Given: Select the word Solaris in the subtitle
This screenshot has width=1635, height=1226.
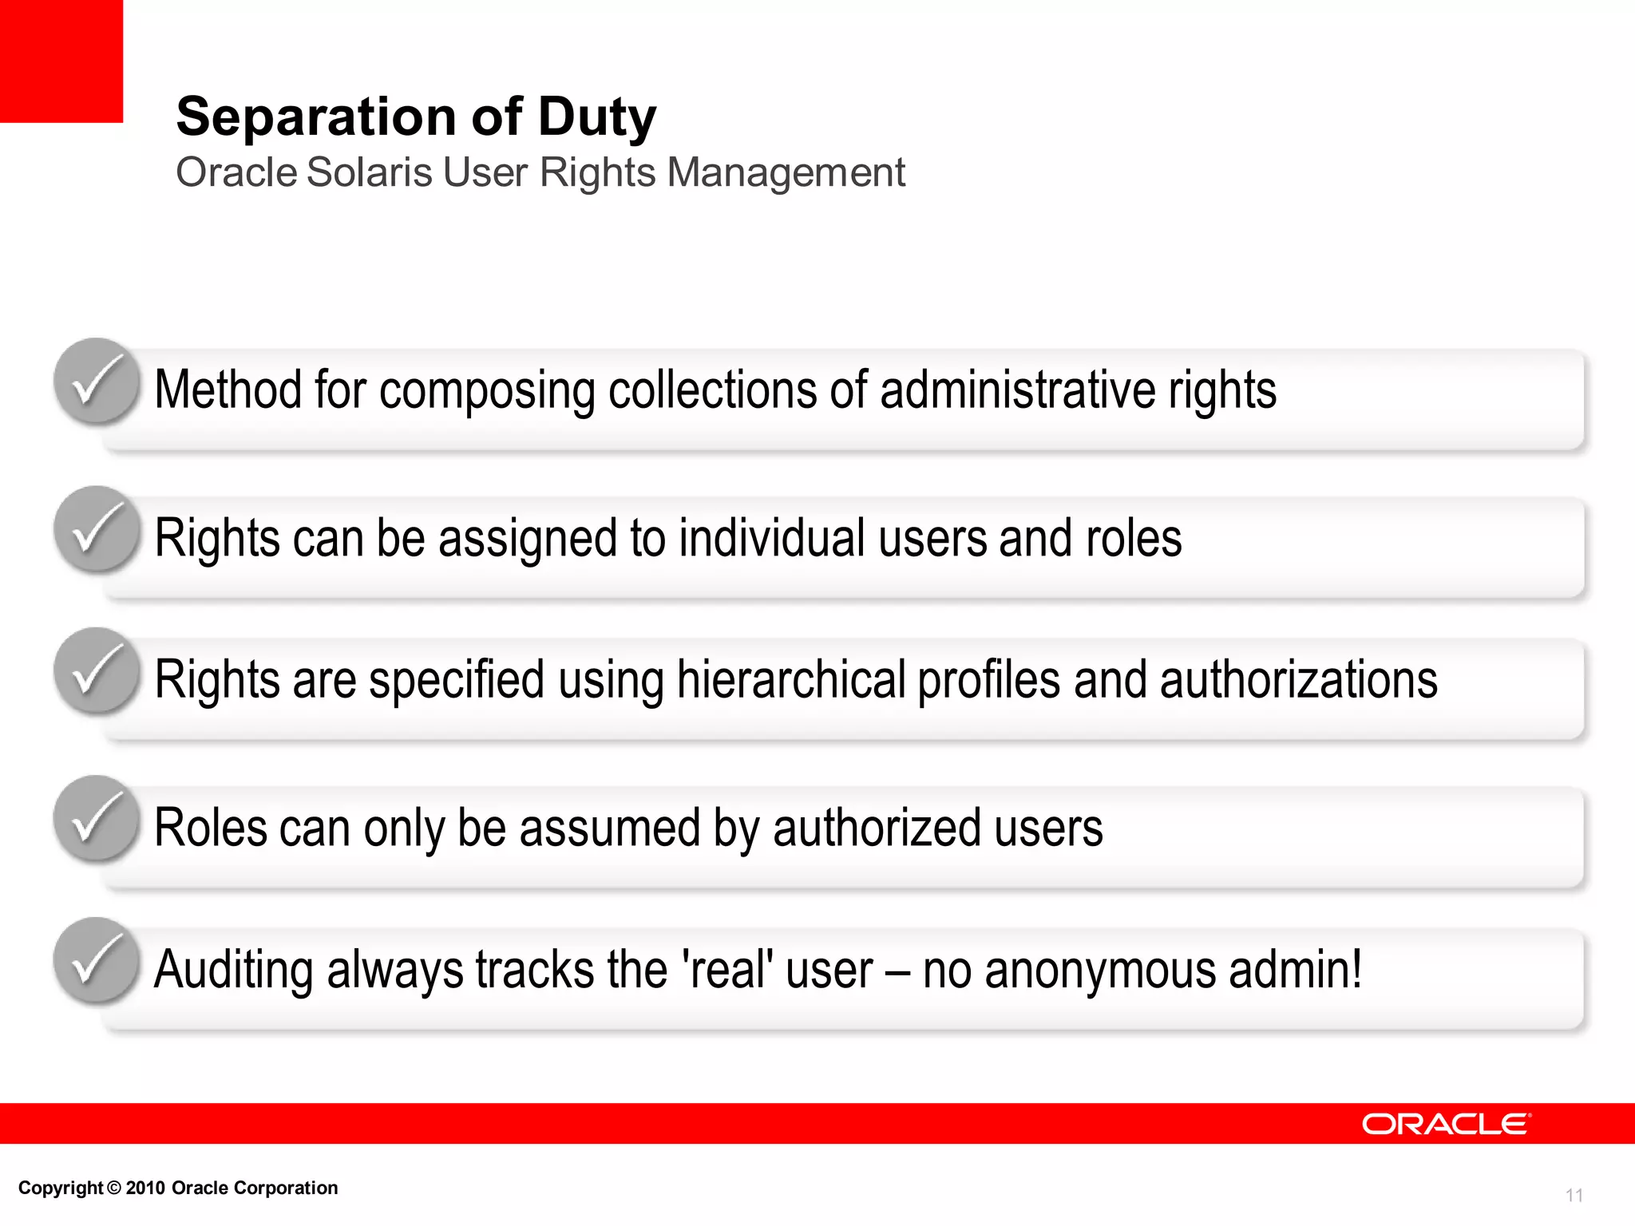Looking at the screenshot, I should [x=369, y=172].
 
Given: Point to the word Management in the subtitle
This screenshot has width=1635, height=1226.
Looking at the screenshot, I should [x=786, y=173].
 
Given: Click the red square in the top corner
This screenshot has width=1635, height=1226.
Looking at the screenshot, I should [x=61, y=61].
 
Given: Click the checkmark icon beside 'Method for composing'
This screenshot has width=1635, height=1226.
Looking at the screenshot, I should [x=97, y=382].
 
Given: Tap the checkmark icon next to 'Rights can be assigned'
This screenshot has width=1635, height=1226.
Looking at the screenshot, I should [x=97, y=529].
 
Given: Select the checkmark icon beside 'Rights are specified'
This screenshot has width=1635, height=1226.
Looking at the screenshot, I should [x=97, y=670].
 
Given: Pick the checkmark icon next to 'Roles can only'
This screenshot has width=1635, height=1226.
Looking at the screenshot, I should [x=97, y=819].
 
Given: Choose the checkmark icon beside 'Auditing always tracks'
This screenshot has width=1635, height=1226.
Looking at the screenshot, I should [x=97, y=960].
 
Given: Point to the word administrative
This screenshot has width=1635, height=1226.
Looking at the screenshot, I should [x=1017, y=390].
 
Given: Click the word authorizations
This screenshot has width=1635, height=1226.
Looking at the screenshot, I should [x=1298, y=680].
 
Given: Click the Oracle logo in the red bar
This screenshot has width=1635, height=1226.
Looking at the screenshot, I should [x=1446, y=1124].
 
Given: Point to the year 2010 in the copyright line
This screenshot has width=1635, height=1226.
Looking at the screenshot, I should [x=145, y=1188].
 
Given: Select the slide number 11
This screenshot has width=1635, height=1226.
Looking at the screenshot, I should [x=1574, y=1195].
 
